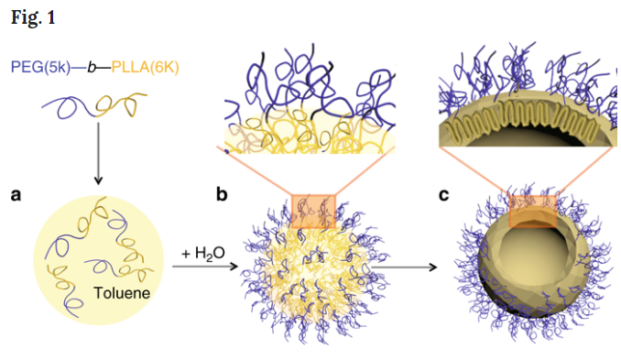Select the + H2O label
(200, 253)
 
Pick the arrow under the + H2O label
(202, 267)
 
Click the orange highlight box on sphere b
(314, 210)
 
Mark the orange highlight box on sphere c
(533, 211)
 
